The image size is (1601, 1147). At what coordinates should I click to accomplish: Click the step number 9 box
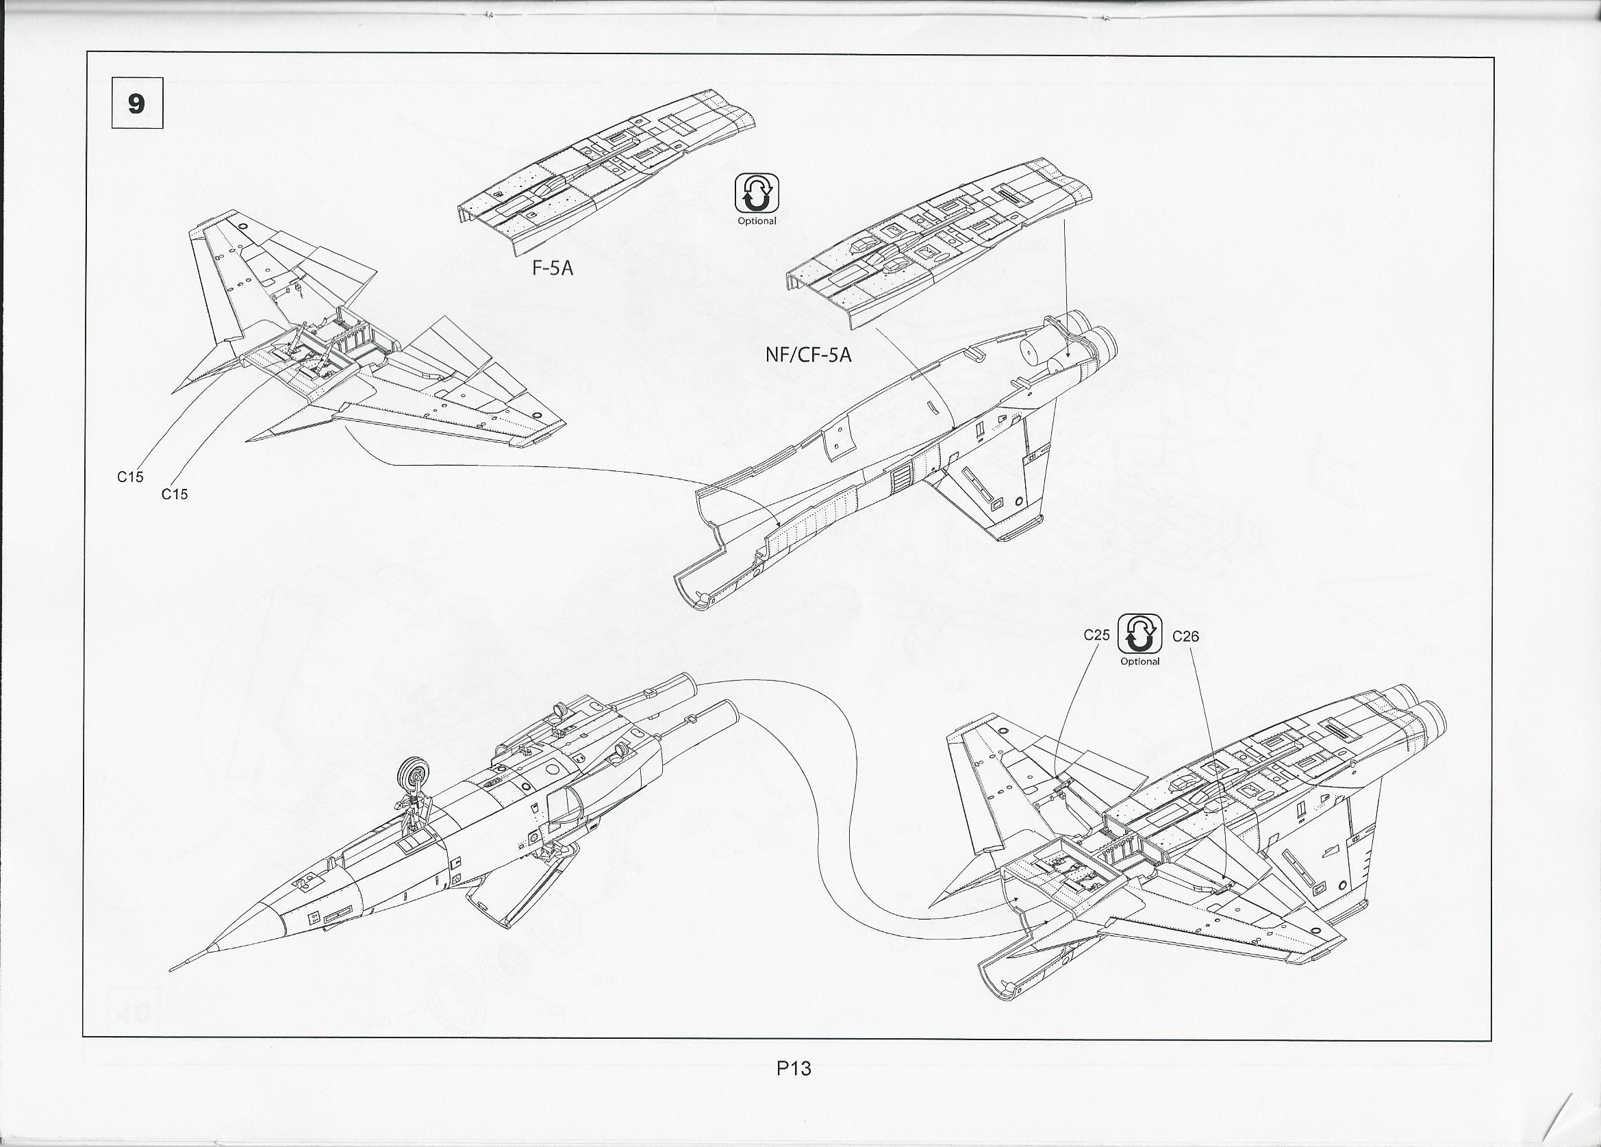click(137, 103)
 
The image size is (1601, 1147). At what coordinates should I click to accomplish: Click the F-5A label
click(553, 268)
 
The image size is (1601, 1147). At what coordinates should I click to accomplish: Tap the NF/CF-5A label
click(808, 355)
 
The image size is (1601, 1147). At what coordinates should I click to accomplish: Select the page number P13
click(794, 1069)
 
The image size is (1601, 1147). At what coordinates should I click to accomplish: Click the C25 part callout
click(1096, 635)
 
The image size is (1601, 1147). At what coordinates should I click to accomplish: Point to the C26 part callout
click(1185, 637)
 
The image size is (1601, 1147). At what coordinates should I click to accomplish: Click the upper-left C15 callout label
click(130, 477)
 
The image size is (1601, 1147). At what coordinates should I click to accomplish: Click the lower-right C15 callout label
click(175, 495)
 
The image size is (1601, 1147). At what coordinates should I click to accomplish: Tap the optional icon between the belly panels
click(757, 192)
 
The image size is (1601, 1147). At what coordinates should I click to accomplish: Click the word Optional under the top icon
click(757, 222)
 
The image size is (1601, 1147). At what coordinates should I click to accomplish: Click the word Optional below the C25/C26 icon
click(1140, 662)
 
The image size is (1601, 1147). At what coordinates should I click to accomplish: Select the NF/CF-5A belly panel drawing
click(939, 247)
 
